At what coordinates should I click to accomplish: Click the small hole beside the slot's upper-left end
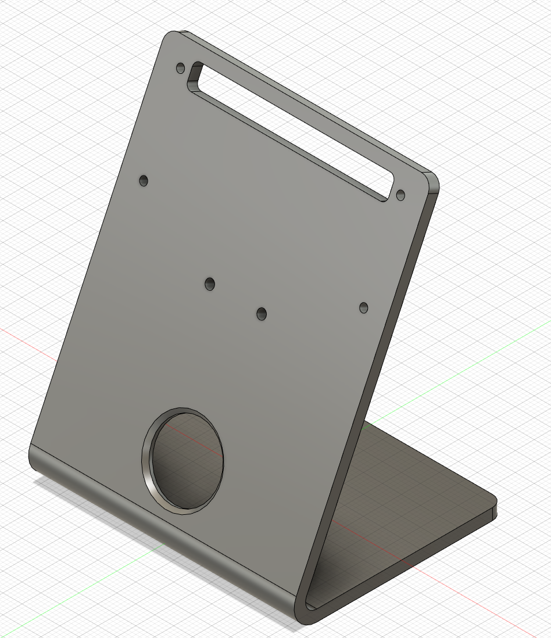coord(180,69)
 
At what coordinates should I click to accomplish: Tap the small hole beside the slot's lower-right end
coord(400,195)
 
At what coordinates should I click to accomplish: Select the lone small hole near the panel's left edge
coord(144,181)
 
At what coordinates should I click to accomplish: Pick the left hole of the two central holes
coord(210,284)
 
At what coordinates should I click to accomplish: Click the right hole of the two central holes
coord(262,314)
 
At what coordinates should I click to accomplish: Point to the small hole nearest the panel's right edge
coord(364,307)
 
